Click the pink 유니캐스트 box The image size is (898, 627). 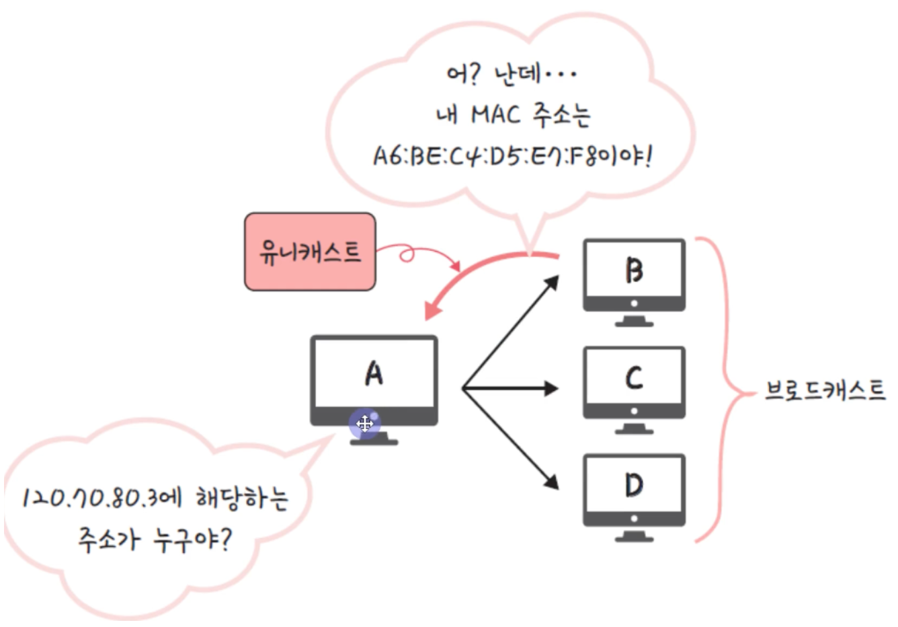click(310, 252)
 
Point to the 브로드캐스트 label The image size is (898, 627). click(825, 391)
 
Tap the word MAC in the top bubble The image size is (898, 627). click(496, 114)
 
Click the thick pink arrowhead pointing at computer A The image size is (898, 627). click(434, 310)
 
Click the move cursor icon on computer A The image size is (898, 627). click(365, 424)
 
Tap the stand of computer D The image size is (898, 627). click(634, 536)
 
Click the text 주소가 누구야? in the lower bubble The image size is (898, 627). click(155, 540)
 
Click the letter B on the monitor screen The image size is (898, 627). click(634, 270)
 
